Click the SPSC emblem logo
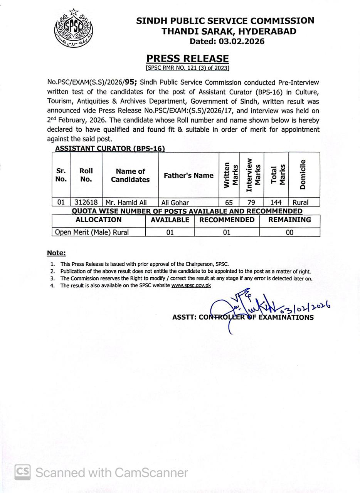pyautogui.click(x=73, y=28)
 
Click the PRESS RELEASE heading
pyautogui.click(x=187, y=59)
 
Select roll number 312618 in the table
pyautogui.click(x=86, y=202)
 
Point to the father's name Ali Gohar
pyautogui.click(x=175, y=202)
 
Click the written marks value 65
pyautogui.click(x=229, y=202)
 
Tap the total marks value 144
pyautogui.click(x=276, y=202)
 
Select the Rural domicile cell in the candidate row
pyautogui.click(x=300, y=202)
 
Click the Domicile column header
pyautogui.click(x=303, y=174)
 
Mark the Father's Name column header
pyautogui.click(x=188, y=176)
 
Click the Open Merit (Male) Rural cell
pyautogui.click(x=92, y=232)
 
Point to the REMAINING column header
pyautogui.click(x=289, y=220)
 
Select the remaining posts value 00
pyautogui.click(x=289, y=232)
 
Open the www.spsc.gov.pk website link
pyautogui.click(x=191, y=285)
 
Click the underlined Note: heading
pyautogui.click(x=56, y=253)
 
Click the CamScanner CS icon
pyautogui.click(x=22, y=472)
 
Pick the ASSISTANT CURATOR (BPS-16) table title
pyautogui.click(x=110, y=148)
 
